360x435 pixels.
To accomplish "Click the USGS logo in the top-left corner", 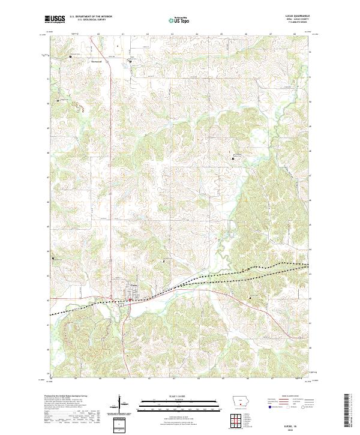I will [55, 20].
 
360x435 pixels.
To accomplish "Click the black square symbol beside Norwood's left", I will [71, 57].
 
